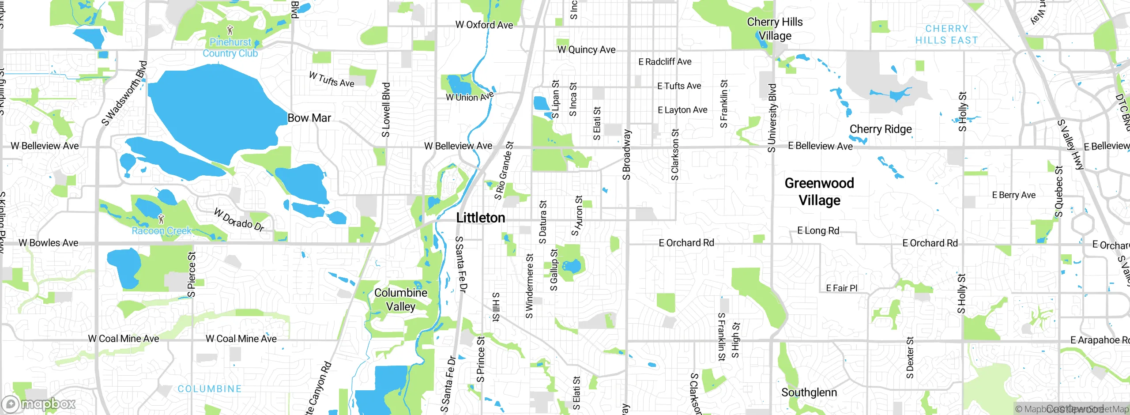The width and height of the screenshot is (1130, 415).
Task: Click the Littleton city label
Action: pyautogui.click(x=480, y=218)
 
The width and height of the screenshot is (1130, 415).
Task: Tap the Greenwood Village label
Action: pyautogui.click(x=819, y=192)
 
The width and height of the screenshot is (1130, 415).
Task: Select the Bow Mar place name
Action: pyautogui.click(x=309, y=118)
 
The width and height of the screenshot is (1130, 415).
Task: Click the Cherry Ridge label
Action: pyautogui.click(x=881, y=129)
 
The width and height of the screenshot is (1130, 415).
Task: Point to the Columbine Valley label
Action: pyautogui.click(x=401, y=299)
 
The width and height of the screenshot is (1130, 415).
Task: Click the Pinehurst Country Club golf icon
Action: pyautogui.click(x=230, y=30)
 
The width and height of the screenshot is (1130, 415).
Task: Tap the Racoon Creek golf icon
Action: pyautogui.click(x=161, y=218)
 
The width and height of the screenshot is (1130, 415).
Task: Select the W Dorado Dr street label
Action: pyautogui.click(x=239, y=220)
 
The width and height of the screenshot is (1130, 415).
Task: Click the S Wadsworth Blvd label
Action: pyautogui.click(x=124, y=93)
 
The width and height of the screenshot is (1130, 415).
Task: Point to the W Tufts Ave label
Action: pyautogui.click(x=331, y=79)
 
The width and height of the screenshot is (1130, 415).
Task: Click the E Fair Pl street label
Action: pyautogui.click(x=841, y=288)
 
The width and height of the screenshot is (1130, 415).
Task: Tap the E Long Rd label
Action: pyautogui.click(x=818, y=230)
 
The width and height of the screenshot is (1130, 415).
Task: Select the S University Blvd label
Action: pyautogui.click(x=772, y=118)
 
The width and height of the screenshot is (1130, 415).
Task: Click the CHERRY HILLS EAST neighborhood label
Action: pyautogui.click(x=947, y=34)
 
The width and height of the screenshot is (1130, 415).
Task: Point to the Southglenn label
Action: pyautogui.click(x=809, y=392)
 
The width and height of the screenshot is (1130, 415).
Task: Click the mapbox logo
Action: pyautogui.click(x=39, y=404)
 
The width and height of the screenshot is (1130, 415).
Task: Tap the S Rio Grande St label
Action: pyautogui.click(x=504, y=170)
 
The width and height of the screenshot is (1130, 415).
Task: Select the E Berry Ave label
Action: pyautogui.click(x=1013, y=195)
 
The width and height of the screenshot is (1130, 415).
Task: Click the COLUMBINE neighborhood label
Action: pyautogui.click(x=210, y=389)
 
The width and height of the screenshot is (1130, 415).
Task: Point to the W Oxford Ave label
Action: pyautogui.click(x=484, y=25)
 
